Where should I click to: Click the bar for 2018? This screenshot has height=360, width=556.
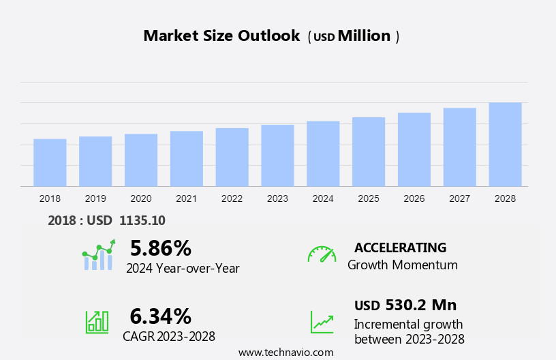click(50, 162)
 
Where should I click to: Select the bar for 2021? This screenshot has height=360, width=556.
click(187, 158)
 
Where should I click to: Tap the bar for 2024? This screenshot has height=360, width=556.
click(323, 153)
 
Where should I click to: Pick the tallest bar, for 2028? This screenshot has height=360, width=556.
click(505, 145)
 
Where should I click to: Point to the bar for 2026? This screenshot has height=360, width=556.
click(414, 149)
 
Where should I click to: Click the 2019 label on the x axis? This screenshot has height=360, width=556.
click(95, 198)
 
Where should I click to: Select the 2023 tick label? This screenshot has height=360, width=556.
click(277, 198)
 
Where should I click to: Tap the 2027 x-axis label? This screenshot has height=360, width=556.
click(459, 198)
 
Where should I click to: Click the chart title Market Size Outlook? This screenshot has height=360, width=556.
click(221, 36)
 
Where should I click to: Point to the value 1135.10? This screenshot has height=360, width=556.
click(142, 220)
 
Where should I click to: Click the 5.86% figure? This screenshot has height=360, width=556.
click(161, 248)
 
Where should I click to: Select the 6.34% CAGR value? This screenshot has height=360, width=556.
click(161, 316)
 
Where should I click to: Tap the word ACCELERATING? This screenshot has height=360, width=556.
click(400, 247)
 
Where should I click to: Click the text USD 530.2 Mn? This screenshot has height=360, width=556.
click(405, 305)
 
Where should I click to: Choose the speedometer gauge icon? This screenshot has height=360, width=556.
click(322, 254)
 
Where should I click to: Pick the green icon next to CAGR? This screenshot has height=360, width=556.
click(97, 322)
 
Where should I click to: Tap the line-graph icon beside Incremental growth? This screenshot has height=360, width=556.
click(322, 322)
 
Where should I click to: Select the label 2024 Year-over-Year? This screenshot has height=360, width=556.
click(183, 269)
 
